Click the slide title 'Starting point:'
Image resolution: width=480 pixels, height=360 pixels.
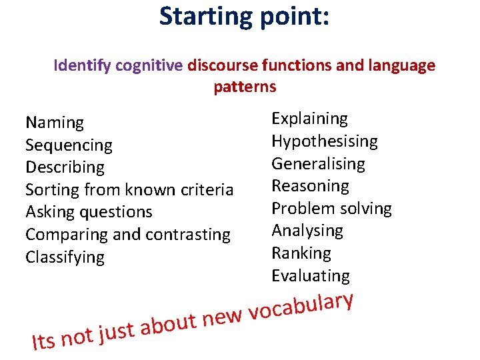click(244, 16)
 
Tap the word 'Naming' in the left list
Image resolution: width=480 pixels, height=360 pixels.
click(55, 123)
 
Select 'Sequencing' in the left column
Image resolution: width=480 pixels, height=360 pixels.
click(69, 145)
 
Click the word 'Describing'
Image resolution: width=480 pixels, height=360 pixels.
click(65, 167)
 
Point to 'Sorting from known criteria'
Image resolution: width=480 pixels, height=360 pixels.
click(129, 190)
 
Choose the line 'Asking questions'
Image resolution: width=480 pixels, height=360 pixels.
click(89, 212)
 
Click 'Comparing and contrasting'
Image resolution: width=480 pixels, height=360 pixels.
click(128, 235)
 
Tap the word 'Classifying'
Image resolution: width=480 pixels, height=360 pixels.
click(65, 257)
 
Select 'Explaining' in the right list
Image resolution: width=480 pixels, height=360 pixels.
click(309, 119)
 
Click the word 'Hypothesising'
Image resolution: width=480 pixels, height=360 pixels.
click(324, 141)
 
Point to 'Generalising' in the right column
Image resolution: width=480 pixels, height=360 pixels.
click(318, 164)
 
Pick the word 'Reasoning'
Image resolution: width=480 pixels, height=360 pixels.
click(310, 186)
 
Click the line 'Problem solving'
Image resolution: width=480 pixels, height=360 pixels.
click(331, 209)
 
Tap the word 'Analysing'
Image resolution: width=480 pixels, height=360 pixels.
click(307, 231)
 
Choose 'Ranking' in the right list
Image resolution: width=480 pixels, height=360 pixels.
click(301, 253)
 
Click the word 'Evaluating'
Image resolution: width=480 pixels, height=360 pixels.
click(310, 275)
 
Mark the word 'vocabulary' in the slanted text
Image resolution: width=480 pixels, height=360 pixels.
click(301, 307)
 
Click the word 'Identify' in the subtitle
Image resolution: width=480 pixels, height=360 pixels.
click(83, 66)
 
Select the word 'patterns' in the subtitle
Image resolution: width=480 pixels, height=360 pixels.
click(245, 87)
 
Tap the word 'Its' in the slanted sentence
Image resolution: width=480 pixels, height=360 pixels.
click(44, 341)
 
